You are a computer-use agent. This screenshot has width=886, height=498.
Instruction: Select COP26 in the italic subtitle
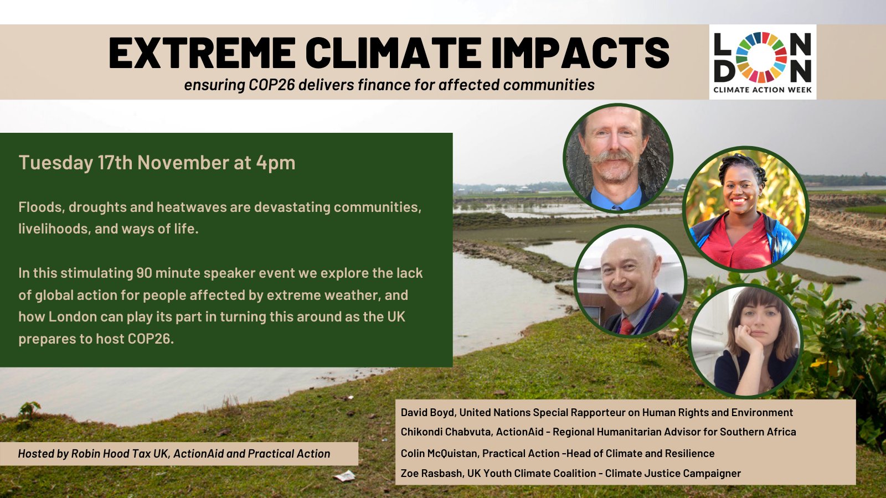272,85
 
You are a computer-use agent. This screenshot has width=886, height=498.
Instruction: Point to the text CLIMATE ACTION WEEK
763,90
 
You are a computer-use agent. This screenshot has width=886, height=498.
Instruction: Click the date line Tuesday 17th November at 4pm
157,163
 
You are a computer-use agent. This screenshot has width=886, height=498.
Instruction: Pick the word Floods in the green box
42,207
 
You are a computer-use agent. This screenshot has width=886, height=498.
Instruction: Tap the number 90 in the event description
145,273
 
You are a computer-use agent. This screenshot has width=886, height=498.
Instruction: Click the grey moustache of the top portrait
612,157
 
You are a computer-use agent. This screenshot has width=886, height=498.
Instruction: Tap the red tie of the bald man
627,326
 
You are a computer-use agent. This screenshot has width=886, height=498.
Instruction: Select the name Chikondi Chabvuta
446,432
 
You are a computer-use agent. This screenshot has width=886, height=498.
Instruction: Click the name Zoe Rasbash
431,474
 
